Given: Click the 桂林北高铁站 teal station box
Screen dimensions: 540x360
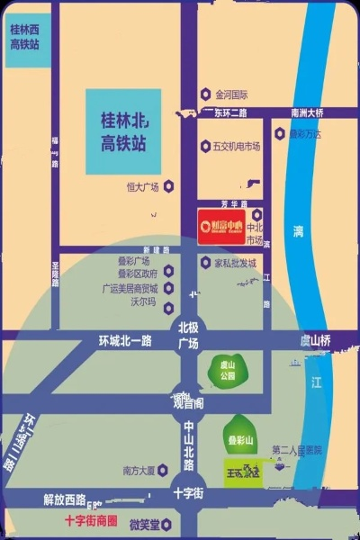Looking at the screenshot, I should click(x=124, y=130).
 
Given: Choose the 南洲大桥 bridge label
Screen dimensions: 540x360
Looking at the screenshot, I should click(x=307, y=112).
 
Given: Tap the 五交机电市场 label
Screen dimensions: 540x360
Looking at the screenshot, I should click(x=237, y=145).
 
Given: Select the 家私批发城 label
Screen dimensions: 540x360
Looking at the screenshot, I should click(x=235, y=263).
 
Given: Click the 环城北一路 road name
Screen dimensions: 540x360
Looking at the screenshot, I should click(x=125, y=340).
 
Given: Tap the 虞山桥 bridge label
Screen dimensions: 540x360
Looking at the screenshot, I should click(x=317, y=340).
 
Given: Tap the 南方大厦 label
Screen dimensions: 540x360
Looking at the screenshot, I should click(x=139, y=469).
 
